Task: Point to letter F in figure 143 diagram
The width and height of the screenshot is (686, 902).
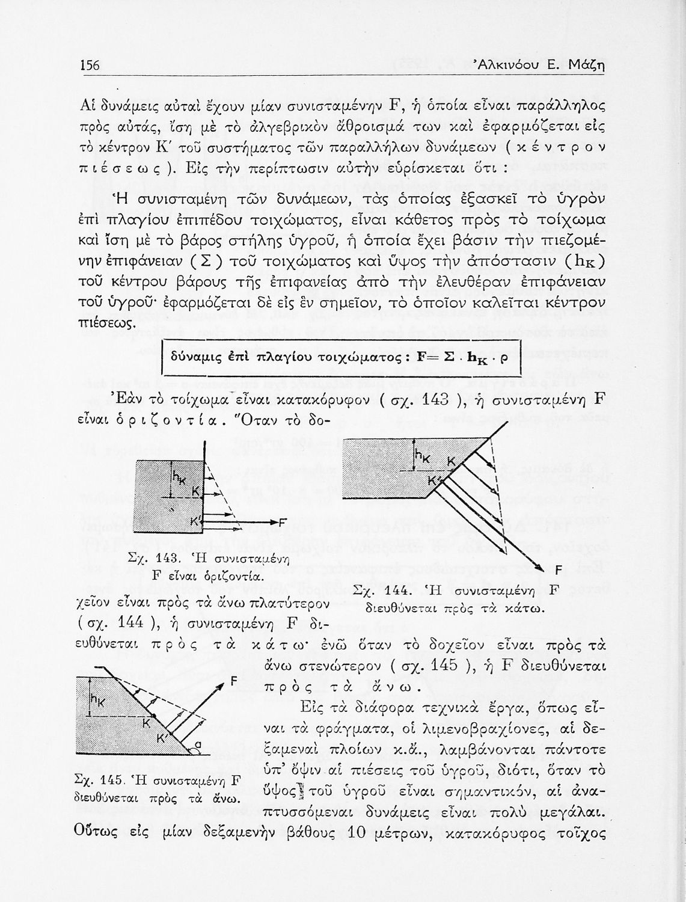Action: coord(283,521)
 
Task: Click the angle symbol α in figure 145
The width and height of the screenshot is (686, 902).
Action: coord(196,747)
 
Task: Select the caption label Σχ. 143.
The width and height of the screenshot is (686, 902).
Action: coord(149,558)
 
